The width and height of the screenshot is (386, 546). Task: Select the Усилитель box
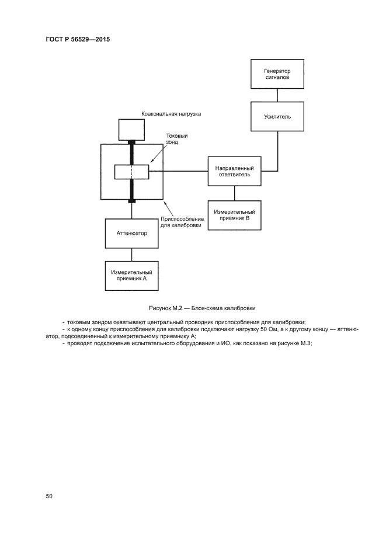click(x=277, y=116)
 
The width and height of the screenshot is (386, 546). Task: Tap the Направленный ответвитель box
click(x=234, y=171)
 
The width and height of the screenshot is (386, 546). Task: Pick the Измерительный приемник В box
click(x=234, y=214)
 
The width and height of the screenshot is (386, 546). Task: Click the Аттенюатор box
click(x=131, y=233)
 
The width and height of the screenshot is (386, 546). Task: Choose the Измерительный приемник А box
click(x=131, y=275)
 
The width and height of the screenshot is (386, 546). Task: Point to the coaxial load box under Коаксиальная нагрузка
click(x=131, y=129)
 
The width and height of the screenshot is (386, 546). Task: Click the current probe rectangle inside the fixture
click(x=131, y=172)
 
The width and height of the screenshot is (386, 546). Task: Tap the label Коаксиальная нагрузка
click(x=171, y=114)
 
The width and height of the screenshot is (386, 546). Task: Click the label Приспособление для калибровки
click(x=182, y=222)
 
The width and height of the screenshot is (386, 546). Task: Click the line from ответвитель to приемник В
click(x=234, y=193)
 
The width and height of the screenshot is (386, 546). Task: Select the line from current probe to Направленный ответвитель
click(x=178, y=172)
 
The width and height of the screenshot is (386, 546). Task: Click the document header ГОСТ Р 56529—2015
click(x=78, y=40)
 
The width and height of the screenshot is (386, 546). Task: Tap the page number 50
click(x=49, y=496)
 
